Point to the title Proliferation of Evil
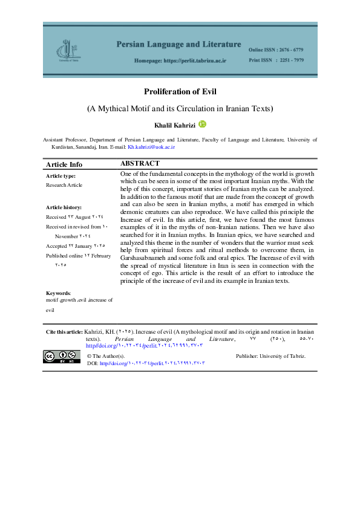pos(180,92)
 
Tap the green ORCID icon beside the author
pos(203,124)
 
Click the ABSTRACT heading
pos(140,164)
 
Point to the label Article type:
pos(61,176)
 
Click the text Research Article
pos(64,185)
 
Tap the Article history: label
pos(64,207)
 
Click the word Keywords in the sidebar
pos(57,293)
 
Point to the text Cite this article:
pos(65,332)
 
